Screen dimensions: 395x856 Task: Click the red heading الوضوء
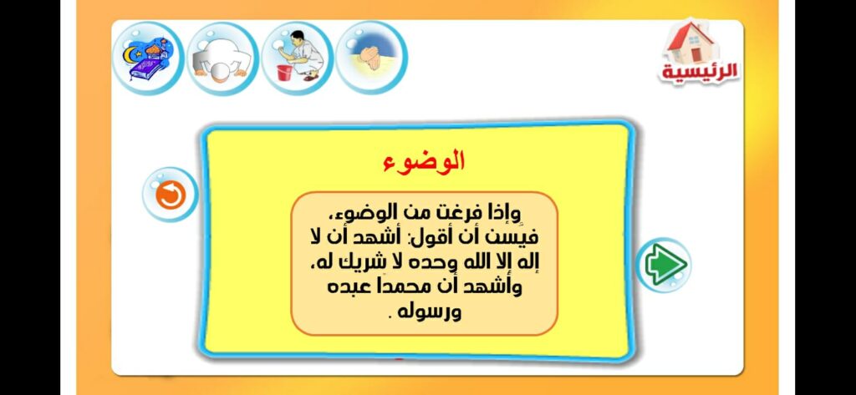(x=424, y=161)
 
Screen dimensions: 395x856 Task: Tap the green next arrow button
(x=665, y=265)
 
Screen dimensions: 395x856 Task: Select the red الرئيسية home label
(x=700, y=72)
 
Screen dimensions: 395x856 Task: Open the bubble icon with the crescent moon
(x=148, y=58)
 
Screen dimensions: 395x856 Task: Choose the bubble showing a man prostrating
(x=222, y=58)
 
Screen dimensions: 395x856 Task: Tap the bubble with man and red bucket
(x=296, y=58)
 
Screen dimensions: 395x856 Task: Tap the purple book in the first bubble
(x=142, y=73)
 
